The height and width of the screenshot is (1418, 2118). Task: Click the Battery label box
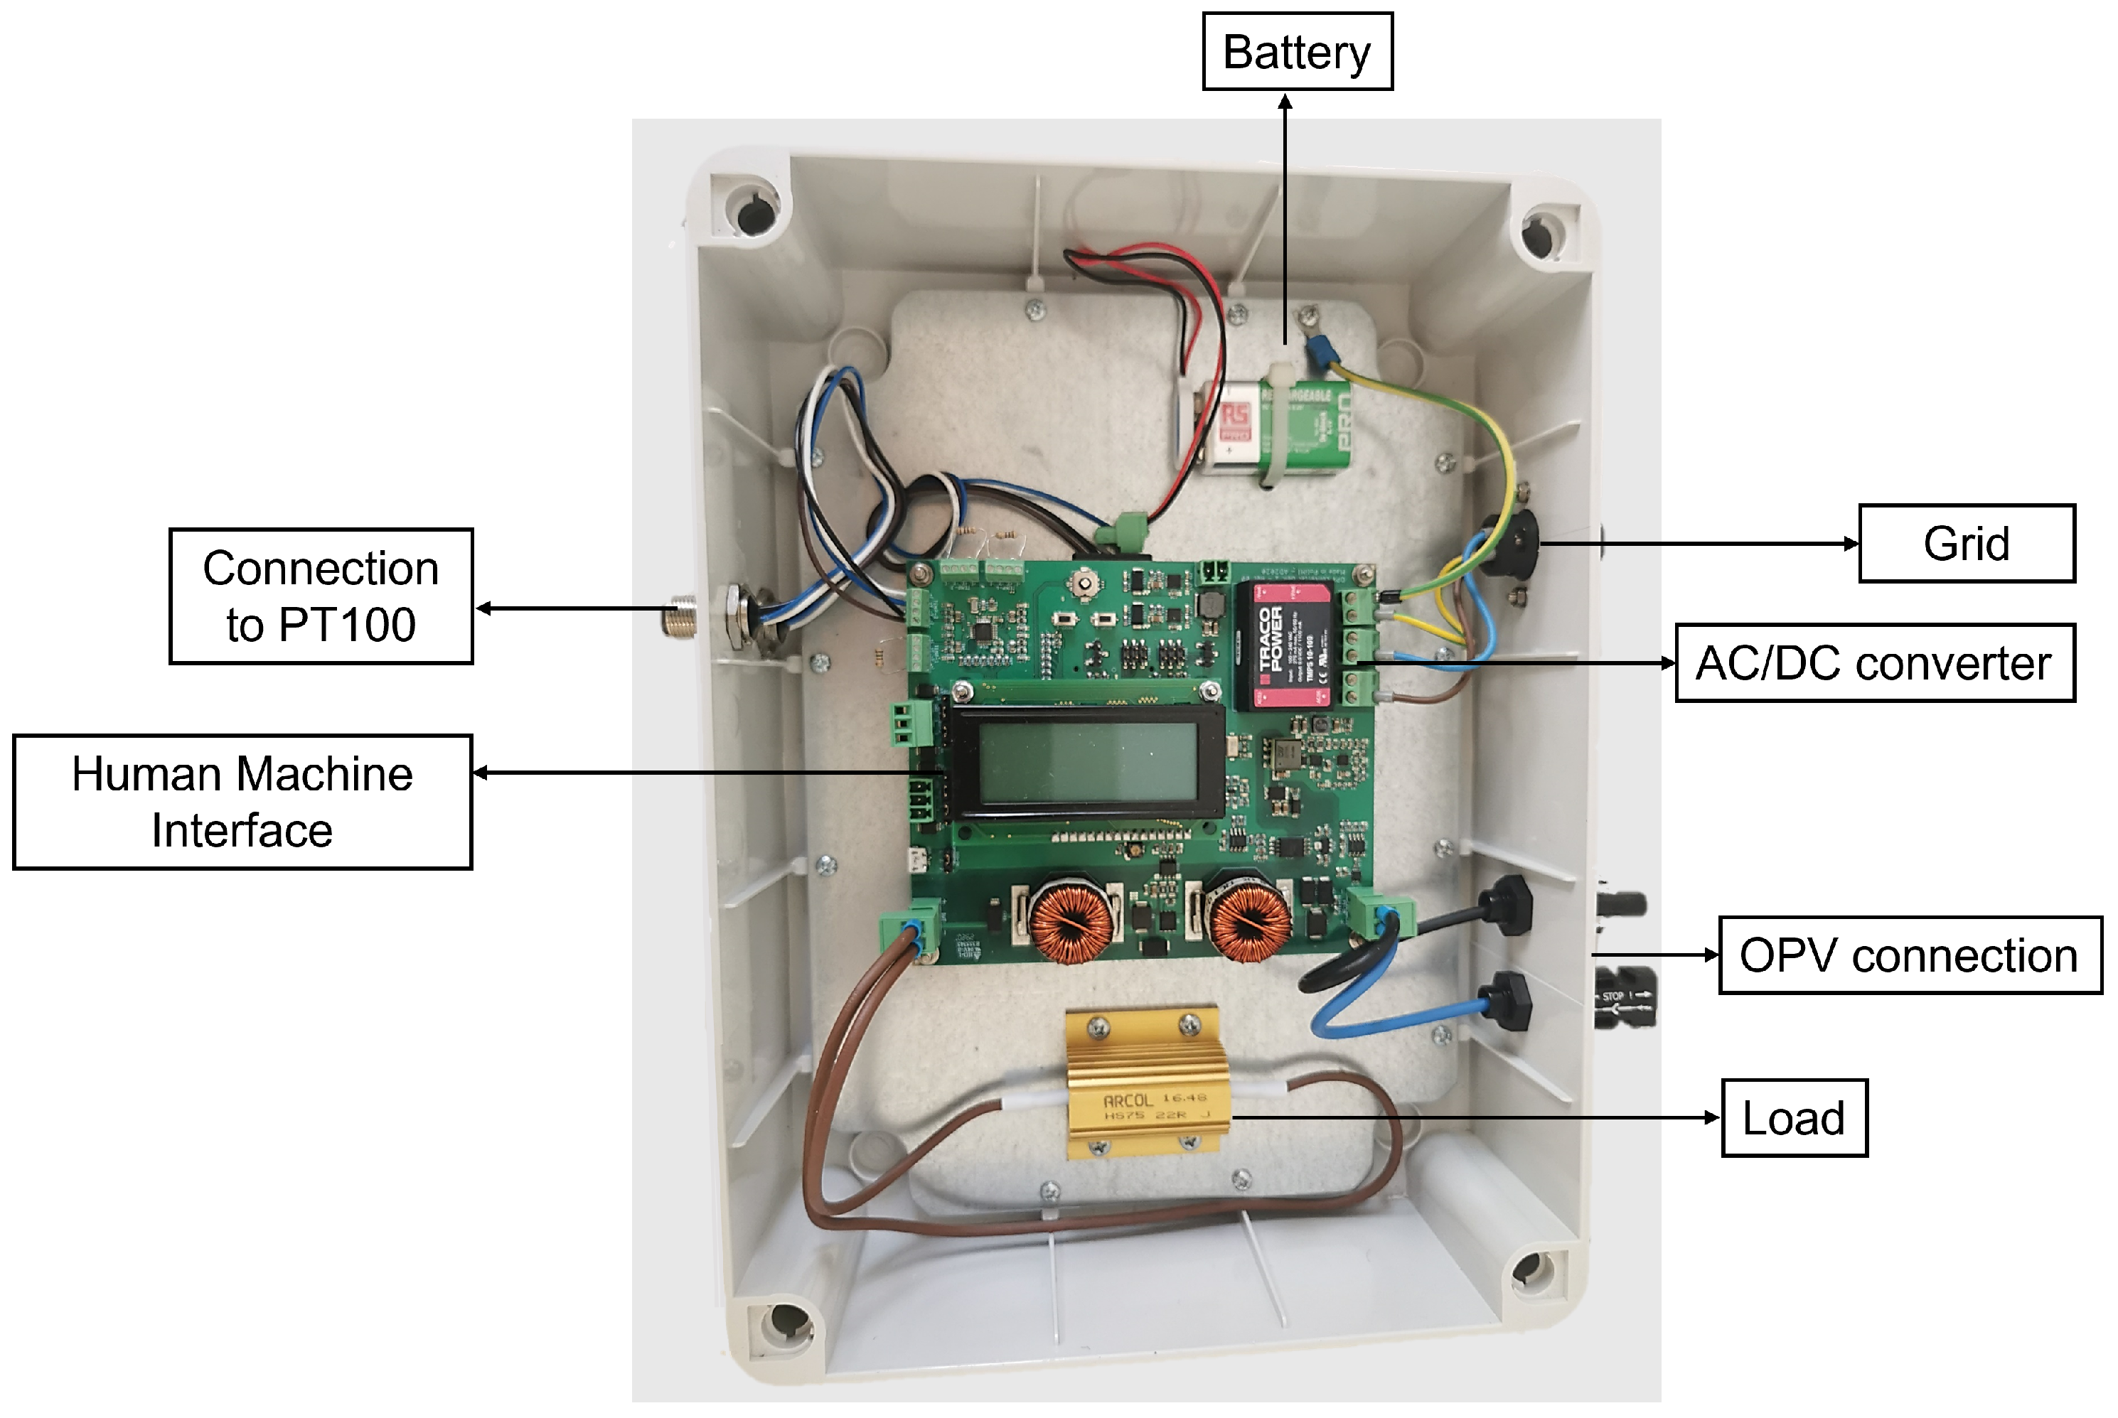point(1296,52)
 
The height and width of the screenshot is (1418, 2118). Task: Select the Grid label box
point(1965,544)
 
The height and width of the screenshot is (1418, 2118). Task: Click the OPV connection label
point(1908,955)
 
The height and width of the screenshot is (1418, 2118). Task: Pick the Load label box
point(1792,1118)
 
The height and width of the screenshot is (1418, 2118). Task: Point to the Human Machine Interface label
point(242,802)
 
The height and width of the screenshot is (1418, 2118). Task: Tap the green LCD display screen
point(1087,763)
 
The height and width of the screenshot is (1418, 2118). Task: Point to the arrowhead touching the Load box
point(1712,1118)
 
